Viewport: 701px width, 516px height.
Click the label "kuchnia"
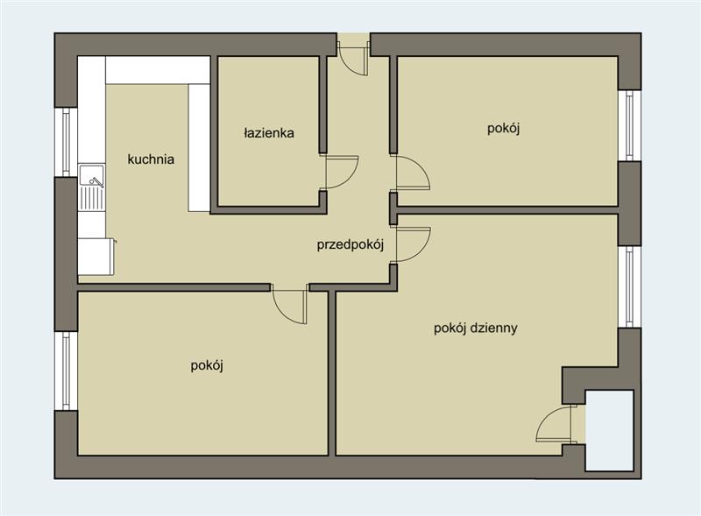tap(151, 159)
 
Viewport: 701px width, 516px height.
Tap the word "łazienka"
tap(269, 133)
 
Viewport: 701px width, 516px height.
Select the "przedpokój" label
tap(350, 245)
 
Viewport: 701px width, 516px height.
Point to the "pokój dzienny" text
tap(476, 329)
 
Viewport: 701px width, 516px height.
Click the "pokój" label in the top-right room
tap(503, 129)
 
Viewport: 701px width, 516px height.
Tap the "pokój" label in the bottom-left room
tap(207, 366)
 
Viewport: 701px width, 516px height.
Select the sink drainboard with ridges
tap(92, 199)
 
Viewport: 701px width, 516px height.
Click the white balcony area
tap(609, 430)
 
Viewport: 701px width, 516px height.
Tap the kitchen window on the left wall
tap(67, 142)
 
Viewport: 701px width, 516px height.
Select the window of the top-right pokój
tap(630, 125)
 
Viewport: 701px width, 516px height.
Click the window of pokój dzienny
tap(630, 286)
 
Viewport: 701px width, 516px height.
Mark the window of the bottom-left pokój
tap(67, 371)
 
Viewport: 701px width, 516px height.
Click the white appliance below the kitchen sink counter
tap(96, 257)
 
